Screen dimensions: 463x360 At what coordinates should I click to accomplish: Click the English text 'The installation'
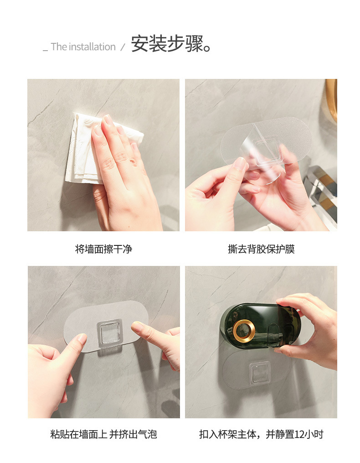tap(83, 47)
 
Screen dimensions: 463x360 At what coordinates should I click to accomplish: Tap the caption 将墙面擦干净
tap(103, 249)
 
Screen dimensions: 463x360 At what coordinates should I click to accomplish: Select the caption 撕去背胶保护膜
tap(261, 249)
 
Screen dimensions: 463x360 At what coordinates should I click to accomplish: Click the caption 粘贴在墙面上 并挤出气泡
tap(103, 434)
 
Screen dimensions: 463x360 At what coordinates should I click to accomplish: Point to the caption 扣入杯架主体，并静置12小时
tap(261, 434)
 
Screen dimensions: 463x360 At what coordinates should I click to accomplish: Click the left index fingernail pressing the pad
tap(82, 339)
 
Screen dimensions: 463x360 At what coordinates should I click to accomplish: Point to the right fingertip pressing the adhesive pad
tap(137, 327)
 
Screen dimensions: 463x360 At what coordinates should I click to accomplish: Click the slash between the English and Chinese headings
tap(123, 47)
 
